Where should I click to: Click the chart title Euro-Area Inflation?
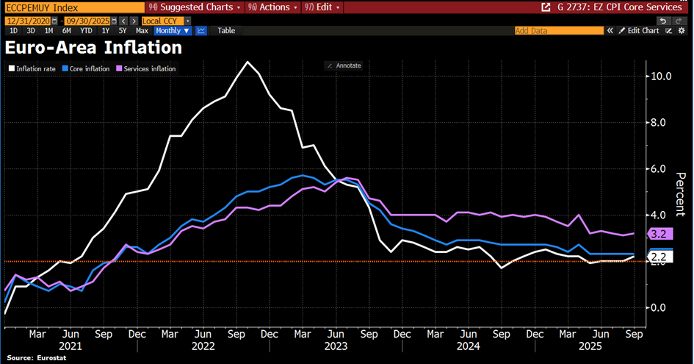click(93, 49)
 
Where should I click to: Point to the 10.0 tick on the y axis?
click(662, 76)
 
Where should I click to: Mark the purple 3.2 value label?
click(658, 234)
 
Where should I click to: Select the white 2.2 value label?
click(658, 256)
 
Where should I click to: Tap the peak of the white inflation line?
click(248, 62)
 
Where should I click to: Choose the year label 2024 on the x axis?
click(467, 344)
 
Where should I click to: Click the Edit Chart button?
click(638, 31)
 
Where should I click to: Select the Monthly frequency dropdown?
click(173, 31)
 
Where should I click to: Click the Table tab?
click(226, 31)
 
